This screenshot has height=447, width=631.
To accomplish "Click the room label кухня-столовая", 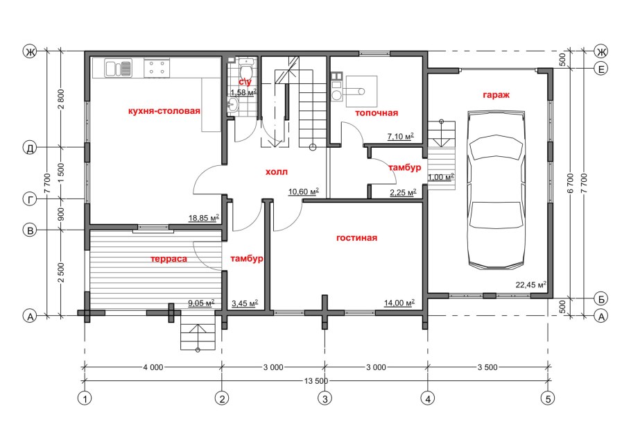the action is coord(164,111).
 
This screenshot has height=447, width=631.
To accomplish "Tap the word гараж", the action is coord(496,95).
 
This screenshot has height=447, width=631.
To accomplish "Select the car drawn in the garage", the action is coord(496,189).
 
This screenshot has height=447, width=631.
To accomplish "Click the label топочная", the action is coord(377,113).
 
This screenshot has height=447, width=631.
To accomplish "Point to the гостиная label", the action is coord(357,238).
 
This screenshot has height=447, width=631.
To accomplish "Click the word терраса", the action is coord(169,259).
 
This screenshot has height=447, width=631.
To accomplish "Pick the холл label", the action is coord(277,172).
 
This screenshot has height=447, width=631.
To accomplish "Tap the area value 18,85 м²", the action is coord(204,218).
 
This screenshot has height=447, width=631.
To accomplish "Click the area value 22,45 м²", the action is coord(530,285).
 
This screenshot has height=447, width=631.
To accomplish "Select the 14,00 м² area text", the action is coord(399,303).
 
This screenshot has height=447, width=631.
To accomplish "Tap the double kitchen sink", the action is coord(119,68).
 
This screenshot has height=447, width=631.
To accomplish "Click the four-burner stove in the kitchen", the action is coord(157,67).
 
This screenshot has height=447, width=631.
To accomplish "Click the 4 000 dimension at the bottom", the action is coord(153,367).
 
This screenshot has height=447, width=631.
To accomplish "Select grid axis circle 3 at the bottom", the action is coord(325,398).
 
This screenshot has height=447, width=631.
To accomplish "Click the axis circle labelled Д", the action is coord(30,148).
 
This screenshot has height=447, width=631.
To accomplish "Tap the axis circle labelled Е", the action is coord(601,69).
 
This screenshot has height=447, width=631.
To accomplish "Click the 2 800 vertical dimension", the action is coord(61,99).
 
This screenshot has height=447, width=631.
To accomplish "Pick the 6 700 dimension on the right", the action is coord(571,183).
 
